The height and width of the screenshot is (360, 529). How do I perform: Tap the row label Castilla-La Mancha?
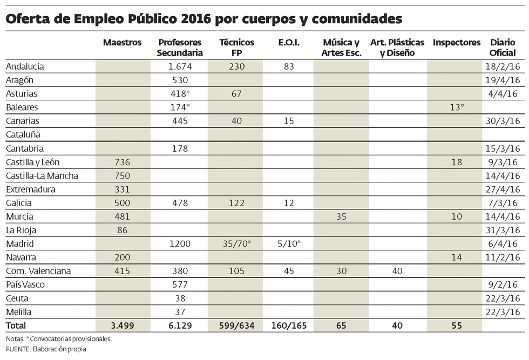click(x=42, y=175)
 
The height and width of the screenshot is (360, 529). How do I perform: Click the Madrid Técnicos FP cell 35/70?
click(x=236, y=243)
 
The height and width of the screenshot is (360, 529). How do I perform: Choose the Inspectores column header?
click(x=456, y=43)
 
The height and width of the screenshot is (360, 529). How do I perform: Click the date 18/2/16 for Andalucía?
click(x=503, y=66)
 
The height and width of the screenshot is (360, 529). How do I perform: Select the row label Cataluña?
click(x=23, y=134)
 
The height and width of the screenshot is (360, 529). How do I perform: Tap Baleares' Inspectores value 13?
click(x=456, y=107)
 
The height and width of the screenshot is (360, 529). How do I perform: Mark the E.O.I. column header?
click(x=289, y=43)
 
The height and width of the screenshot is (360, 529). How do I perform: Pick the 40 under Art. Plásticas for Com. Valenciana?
click(x=398, y=271)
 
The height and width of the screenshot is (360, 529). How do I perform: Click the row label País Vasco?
click(x=25, y=284)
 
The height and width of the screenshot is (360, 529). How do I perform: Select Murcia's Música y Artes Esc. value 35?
click(x=341, y=216)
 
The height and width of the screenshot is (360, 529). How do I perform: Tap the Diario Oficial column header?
click(x=503, y=47)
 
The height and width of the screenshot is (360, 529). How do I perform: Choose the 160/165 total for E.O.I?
click(x=289, y=325)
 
